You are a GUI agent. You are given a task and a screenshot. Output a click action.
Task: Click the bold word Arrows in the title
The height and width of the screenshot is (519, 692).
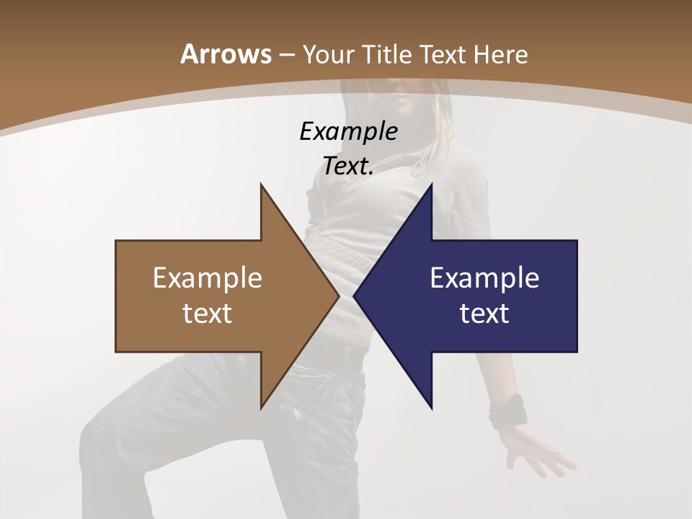(x=225, y=54)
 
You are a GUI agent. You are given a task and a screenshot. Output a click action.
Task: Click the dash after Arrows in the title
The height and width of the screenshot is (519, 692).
(x=286, y=56)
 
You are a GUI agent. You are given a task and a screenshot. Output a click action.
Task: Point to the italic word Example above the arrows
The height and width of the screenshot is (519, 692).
(x=348, y=131)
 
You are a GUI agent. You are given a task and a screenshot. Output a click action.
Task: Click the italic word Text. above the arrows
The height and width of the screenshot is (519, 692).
(x=348, y=166)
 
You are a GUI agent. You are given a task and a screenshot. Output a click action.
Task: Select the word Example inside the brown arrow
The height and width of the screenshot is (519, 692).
(x=207, y=278)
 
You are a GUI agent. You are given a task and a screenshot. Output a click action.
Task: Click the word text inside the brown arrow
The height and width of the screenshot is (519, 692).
(x=207, y=314)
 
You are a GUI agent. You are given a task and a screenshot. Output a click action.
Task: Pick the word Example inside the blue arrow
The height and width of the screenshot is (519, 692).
(x=484, y=278)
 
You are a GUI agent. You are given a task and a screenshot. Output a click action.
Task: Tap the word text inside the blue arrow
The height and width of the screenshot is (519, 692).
(x=484, y=314)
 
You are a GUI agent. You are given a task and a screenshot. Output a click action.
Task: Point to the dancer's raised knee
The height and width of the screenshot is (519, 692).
(x=108, y=425)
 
